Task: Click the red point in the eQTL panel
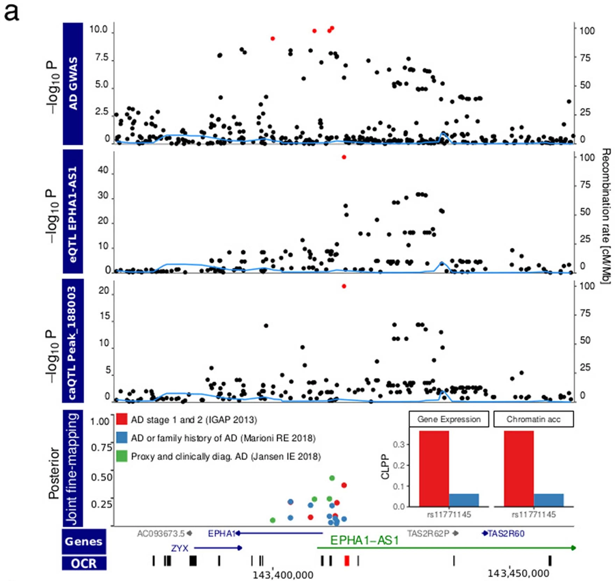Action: point(344,157)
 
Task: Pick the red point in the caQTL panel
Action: point(344,286)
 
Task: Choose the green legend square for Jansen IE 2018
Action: point(122,455)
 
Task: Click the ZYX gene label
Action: point(180,548)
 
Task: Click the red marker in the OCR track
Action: point(347,560)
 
